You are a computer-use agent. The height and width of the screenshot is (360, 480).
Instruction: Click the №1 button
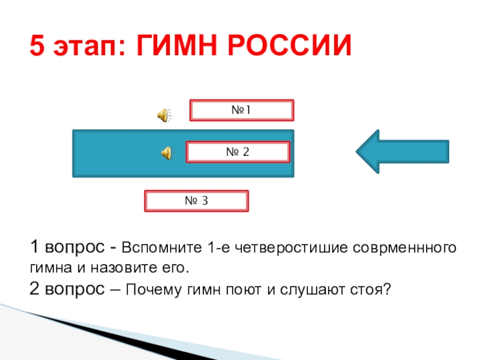click(241, 110)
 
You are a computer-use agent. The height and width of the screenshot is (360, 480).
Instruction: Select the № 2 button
click(238, 152)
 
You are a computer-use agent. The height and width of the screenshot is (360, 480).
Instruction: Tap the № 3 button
click(196, 201)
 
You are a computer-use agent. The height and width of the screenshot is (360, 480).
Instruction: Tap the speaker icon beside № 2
click(166, 154)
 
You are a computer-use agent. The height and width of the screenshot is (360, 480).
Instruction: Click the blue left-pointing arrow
click(402, 152)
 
